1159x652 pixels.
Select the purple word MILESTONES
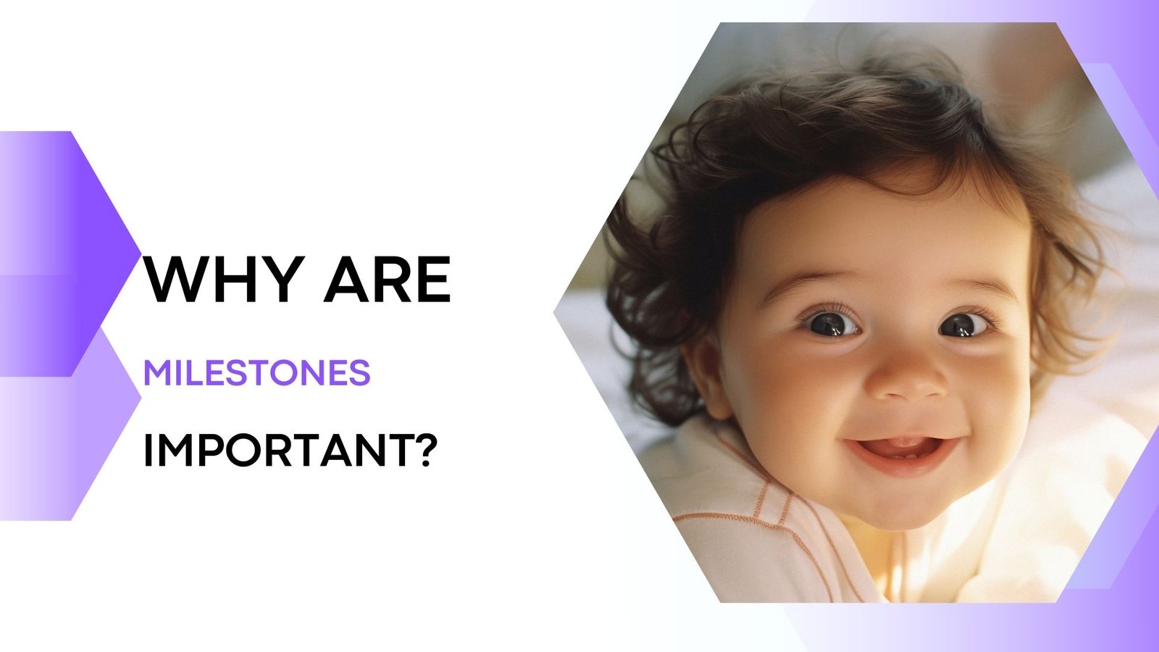pos(257,373)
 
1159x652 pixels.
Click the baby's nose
pos(907,380)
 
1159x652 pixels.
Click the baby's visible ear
pos(706,377)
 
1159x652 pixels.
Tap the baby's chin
pos(905,500)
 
